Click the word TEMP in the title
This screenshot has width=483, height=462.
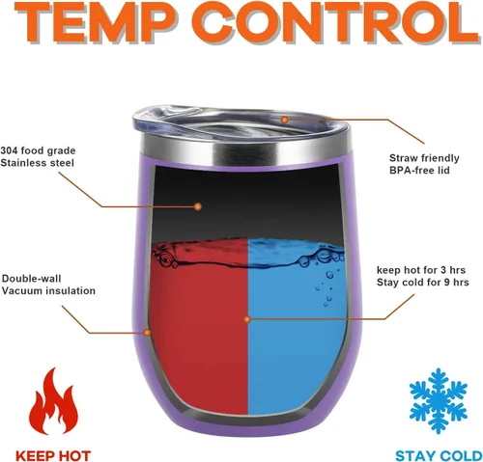point(97,22)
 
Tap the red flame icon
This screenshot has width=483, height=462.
point(53,402)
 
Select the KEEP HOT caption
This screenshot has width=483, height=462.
point(53,456)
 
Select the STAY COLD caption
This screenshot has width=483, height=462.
point(439,456)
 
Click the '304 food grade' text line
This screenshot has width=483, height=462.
point(38,150)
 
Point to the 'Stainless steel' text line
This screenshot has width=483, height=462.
point(37,163)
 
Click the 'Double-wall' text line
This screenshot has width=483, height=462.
point(31,279)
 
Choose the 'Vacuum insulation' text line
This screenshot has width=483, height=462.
point(48,290)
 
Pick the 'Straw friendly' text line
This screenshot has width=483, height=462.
point(424,158)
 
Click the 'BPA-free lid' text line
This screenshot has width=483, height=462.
point(419,170)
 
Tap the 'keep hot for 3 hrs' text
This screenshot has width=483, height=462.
point(421,270)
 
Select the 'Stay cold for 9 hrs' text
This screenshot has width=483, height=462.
point(423,283)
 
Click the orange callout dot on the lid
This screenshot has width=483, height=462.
point(284,120)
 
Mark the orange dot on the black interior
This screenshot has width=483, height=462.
point(198,206)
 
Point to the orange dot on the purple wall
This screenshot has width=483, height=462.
point(147,332)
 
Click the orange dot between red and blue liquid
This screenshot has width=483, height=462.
point(247,319)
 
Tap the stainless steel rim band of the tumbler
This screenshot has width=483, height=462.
point(246,151)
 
